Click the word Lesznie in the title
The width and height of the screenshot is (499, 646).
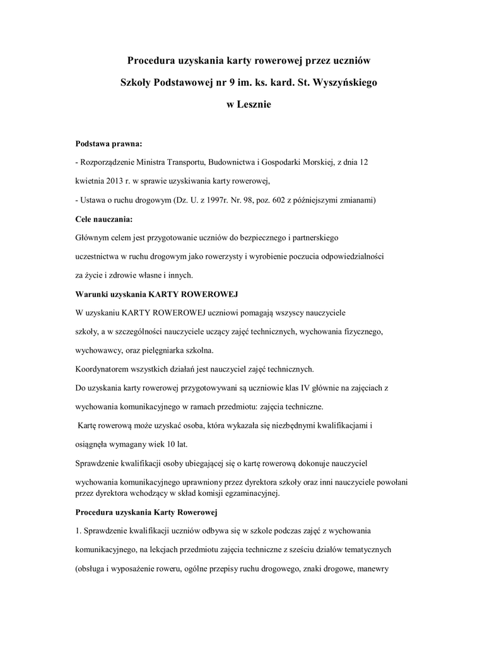point(254,105)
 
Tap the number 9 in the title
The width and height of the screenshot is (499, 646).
point(233,83)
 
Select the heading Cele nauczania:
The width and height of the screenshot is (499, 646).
point(104,219)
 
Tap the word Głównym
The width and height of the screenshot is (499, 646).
point(92,238)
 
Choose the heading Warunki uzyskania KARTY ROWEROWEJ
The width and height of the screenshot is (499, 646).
point(156,294)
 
